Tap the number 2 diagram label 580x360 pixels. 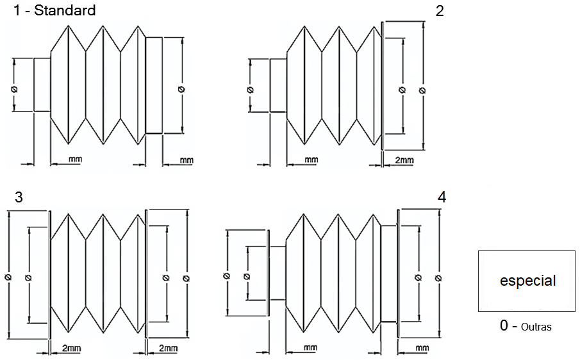pyautogui.click(x=439, y=11)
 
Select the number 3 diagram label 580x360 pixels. pyautogui.click(x=19, y=198)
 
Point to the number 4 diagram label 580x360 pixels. pyautogui.click(x=442, y=197)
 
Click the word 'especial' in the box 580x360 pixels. pyautogui.click(x=527, y=281)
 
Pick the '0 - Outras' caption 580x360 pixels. pyautogui.click(x=526, y=326)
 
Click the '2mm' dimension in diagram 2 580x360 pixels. pyautogui.click(x=404, y=159)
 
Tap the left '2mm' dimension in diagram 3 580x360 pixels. pyautogui.click(x=70, y=347)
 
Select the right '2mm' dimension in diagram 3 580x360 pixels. pyautogui.click(x=167, y=347)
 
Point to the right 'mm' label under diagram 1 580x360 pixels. pyautogui.click(x=186, y=159)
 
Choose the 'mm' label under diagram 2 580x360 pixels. pyautogui.click(x=311, y=159)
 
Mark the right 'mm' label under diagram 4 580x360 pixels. pyautogui.click(x=422, y=347)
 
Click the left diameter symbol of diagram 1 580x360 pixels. pyautogui.click(x=14, y=89)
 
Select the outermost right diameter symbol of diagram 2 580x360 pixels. pyautogui.click(x=422, y=90)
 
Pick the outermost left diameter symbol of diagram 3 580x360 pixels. pyautogui.click(x=8, y=277)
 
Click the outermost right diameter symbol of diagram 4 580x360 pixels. pyautogui.click(x=438, y=277)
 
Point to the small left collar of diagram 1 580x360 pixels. pyautogui.click(x=42, y=85)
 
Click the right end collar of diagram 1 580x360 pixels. pyautogui.click(x=154, y=85)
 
